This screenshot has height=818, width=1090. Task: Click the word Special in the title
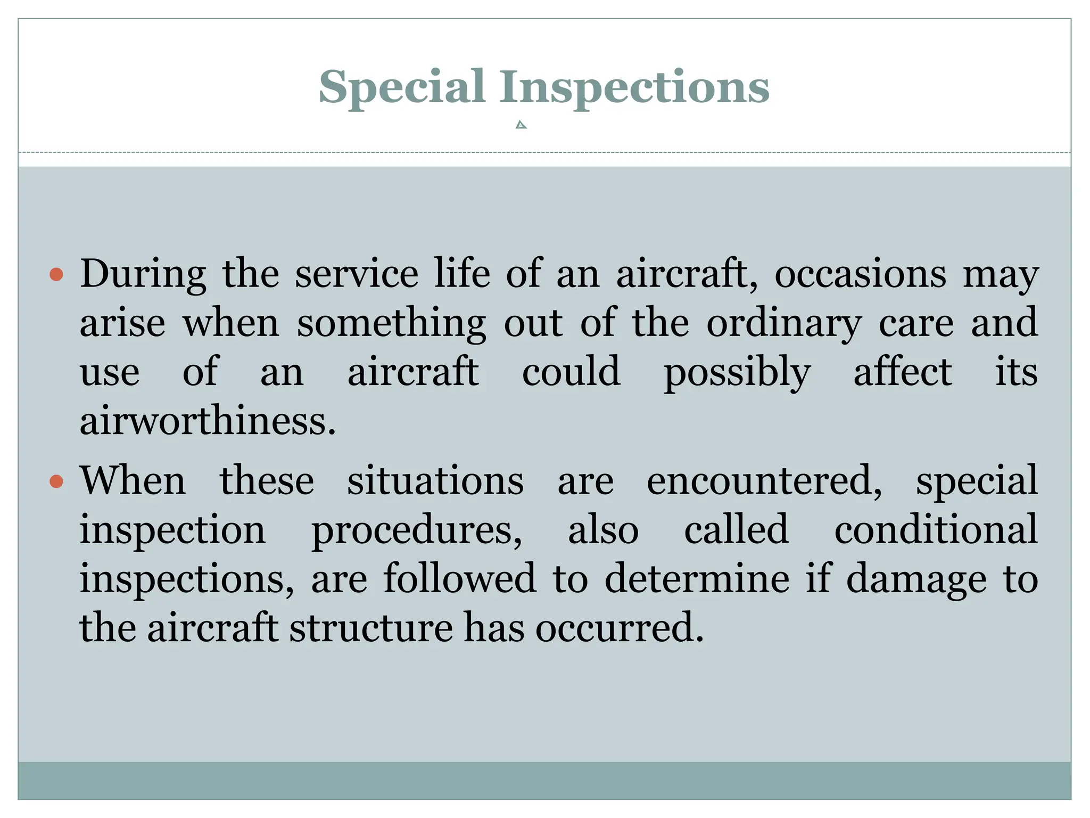401,87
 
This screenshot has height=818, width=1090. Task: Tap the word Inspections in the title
634,87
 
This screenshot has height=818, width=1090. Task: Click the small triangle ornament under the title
521,125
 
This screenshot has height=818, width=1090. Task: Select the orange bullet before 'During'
56,275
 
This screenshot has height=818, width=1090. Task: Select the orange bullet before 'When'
56,482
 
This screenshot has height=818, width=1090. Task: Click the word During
143,274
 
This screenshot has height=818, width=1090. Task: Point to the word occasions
860,274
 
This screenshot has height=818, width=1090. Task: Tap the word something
391,324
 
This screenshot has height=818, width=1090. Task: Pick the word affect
903,371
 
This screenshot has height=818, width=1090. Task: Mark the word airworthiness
208,421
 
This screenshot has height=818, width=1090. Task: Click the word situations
435,481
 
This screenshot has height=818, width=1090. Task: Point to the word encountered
764,481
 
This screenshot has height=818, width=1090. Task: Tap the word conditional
936,529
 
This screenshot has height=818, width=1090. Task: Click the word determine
697,579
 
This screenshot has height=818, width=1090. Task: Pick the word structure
371,628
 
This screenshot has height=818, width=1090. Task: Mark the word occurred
620,628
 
